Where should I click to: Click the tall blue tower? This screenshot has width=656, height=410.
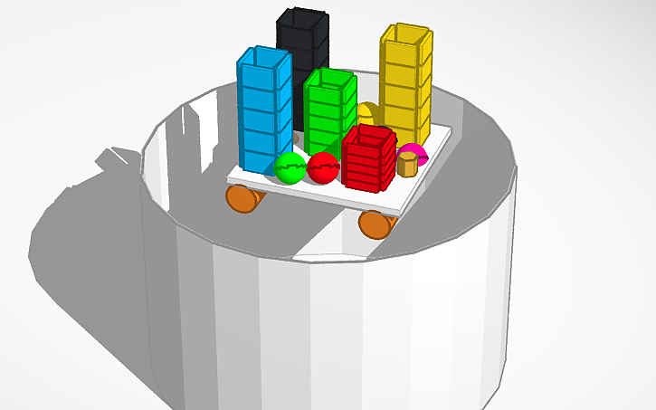(x=263, y=113)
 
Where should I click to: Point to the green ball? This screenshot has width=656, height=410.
(x=290, y=167)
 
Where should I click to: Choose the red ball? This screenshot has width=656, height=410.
(x=322, y=167)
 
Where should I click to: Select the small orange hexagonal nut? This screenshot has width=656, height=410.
(x=407, y=165)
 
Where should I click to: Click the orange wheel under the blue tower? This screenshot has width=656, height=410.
(x=242, y=196)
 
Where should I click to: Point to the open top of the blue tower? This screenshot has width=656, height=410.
(x=264, y=58)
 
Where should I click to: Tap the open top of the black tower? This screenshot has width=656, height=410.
(x=303, y=18)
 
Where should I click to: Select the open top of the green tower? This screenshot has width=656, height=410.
(x=329, y=80)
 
